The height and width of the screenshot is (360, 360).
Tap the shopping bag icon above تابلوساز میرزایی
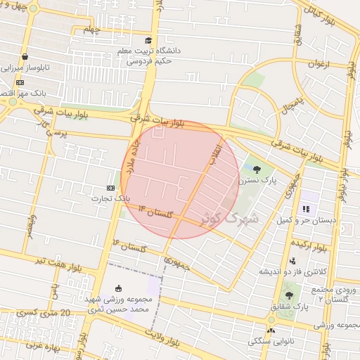pos(25,58)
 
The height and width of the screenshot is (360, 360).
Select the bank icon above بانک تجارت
pos(110,188)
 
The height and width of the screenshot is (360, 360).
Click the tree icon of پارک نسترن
pos(256,169)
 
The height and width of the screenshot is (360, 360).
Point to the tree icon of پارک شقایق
pos(289,295)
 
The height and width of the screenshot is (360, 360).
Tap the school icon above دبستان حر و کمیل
pos(306,209)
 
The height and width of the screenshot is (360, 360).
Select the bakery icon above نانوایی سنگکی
pos(271,330)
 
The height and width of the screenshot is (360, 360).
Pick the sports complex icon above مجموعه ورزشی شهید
pos(117,288)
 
